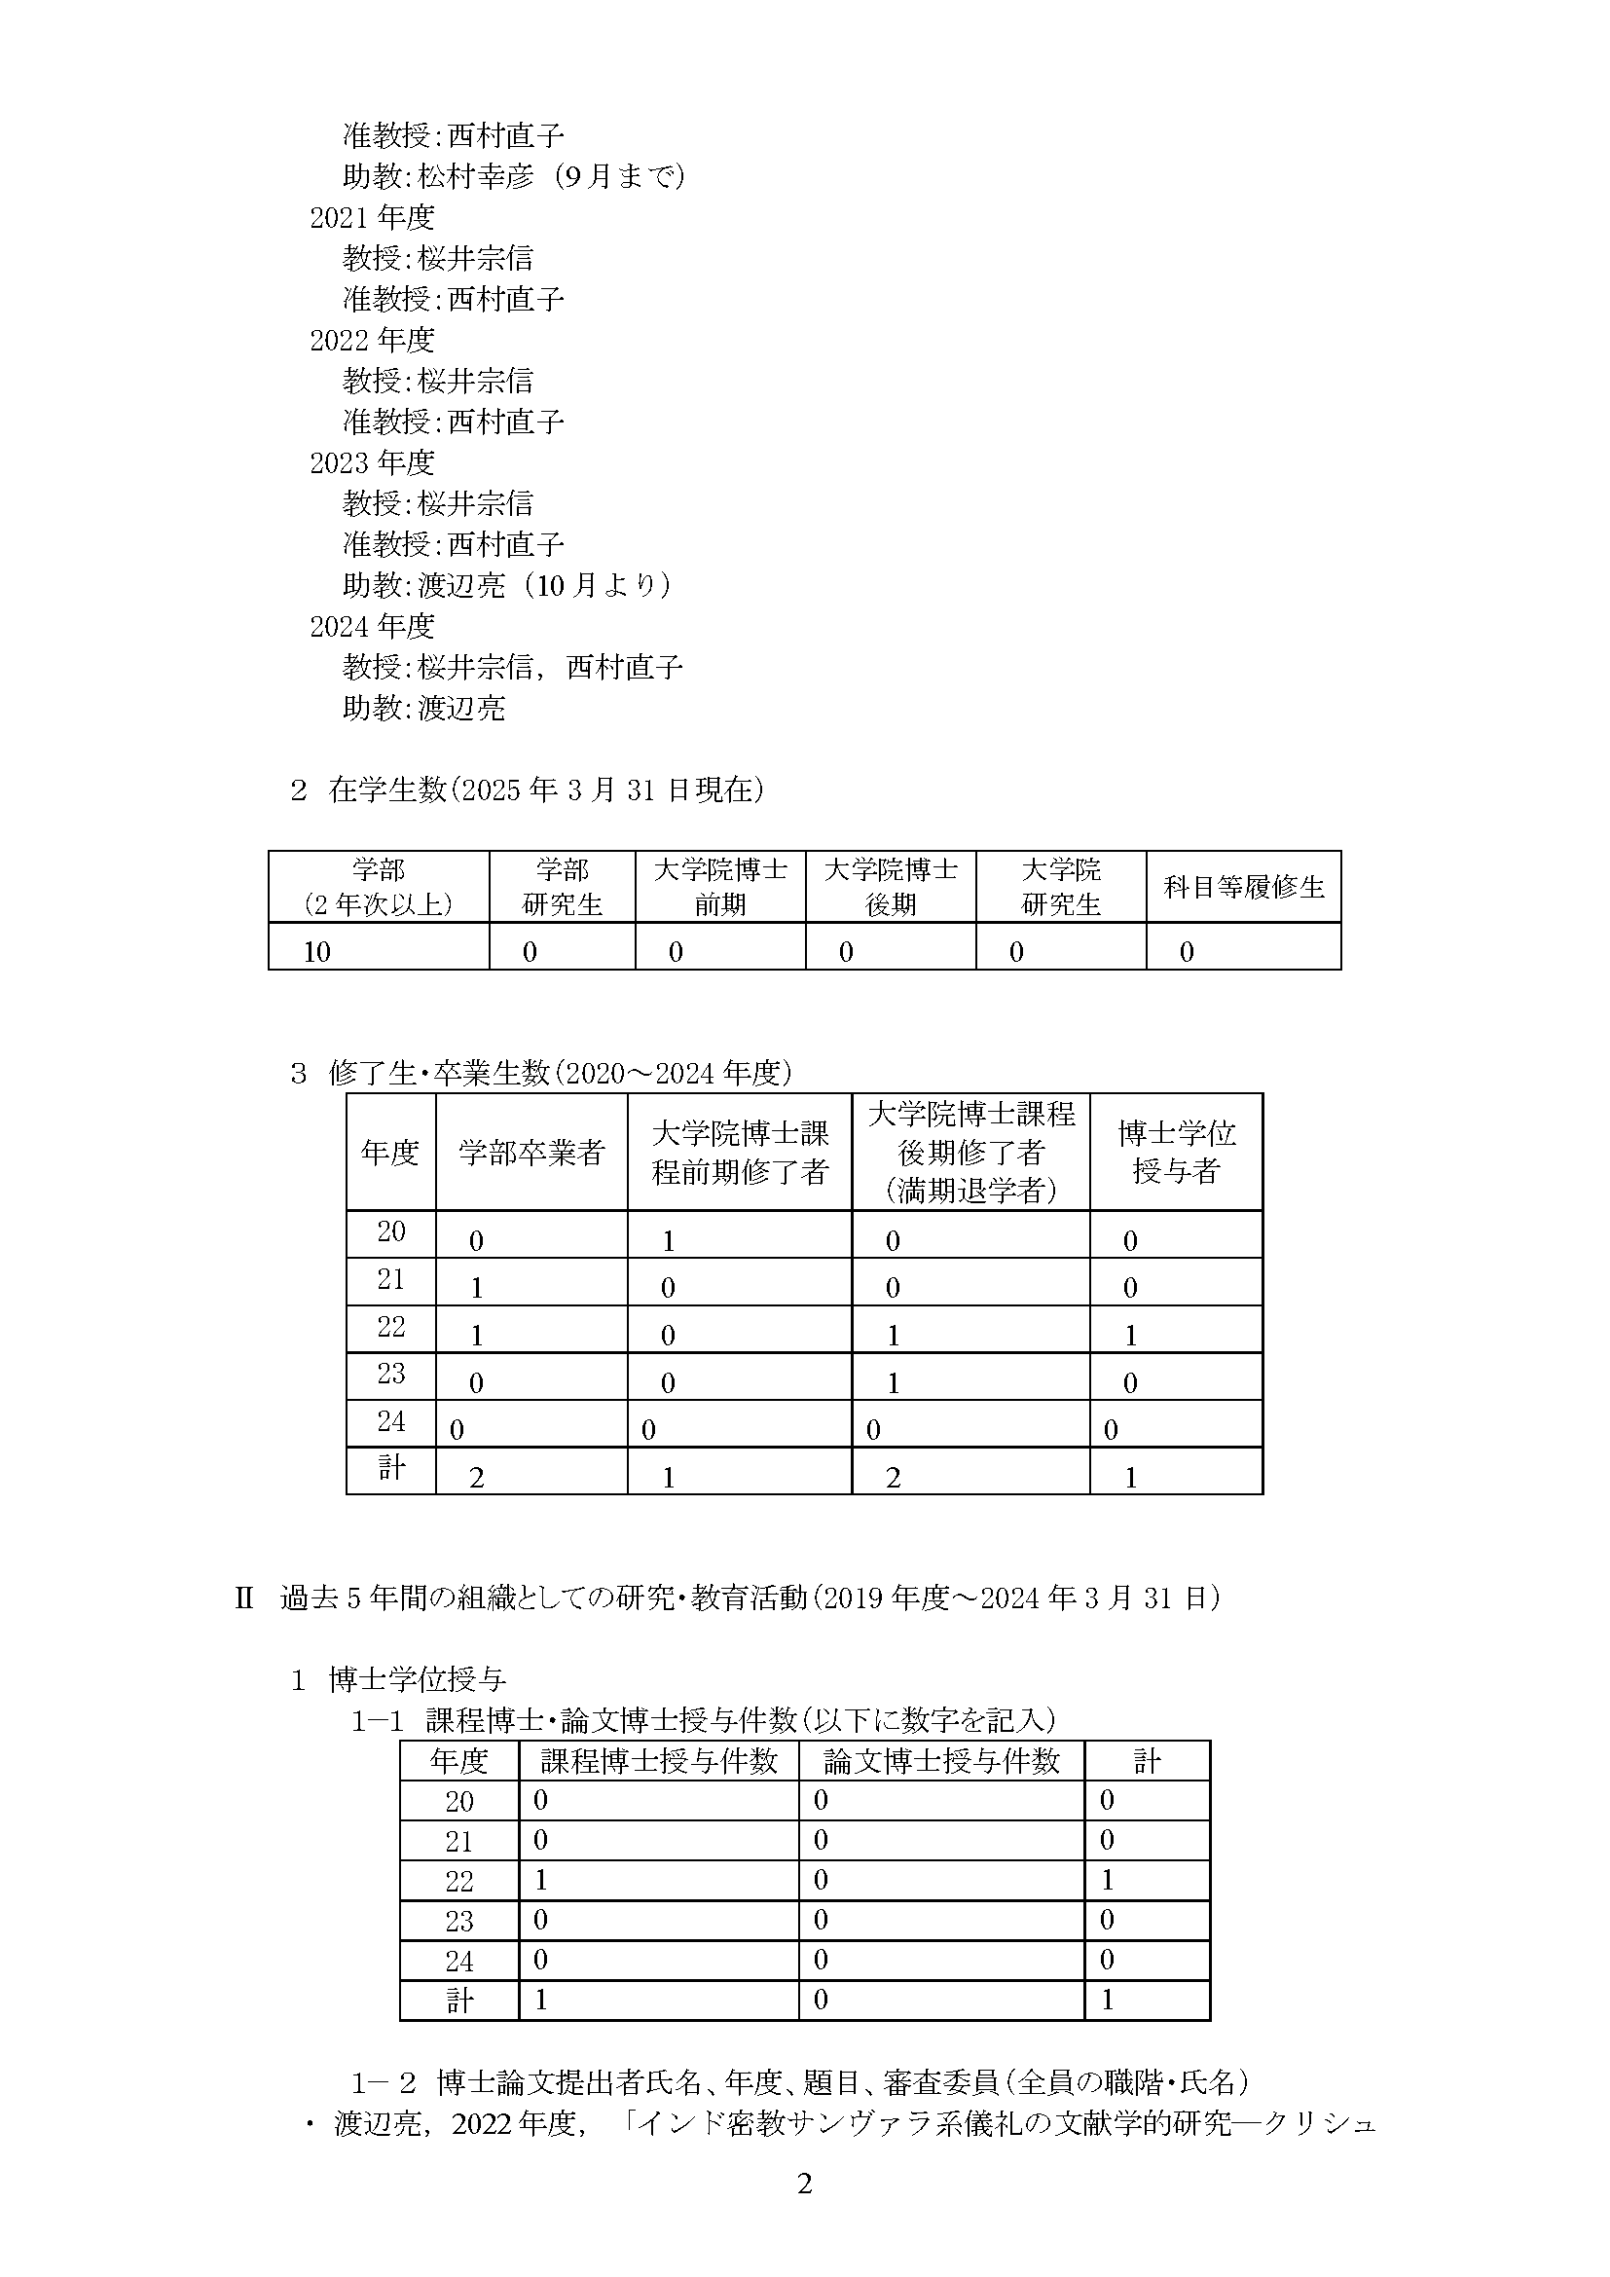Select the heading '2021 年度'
click(372, 217)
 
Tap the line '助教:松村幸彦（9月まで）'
click(514, 176)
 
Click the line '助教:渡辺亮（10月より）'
click(506, 585)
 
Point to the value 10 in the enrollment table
click(317, 952)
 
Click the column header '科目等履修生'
click(1243, 887)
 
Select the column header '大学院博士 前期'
click(719, 887)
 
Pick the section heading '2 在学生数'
click(527, 790)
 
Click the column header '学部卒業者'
click(531, 1153)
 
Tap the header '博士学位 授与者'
click(1176, 1153)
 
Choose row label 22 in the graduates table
click(390, 1327)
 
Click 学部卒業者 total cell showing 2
click(477, 1478)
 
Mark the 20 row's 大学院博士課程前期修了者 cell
click(668, 1240)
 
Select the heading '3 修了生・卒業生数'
click(540, 1073)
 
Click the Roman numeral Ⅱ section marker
click(244, 1598)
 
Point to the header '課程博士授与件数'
click(658, 1762)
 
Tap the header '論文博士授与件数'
click(941, 1762)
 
